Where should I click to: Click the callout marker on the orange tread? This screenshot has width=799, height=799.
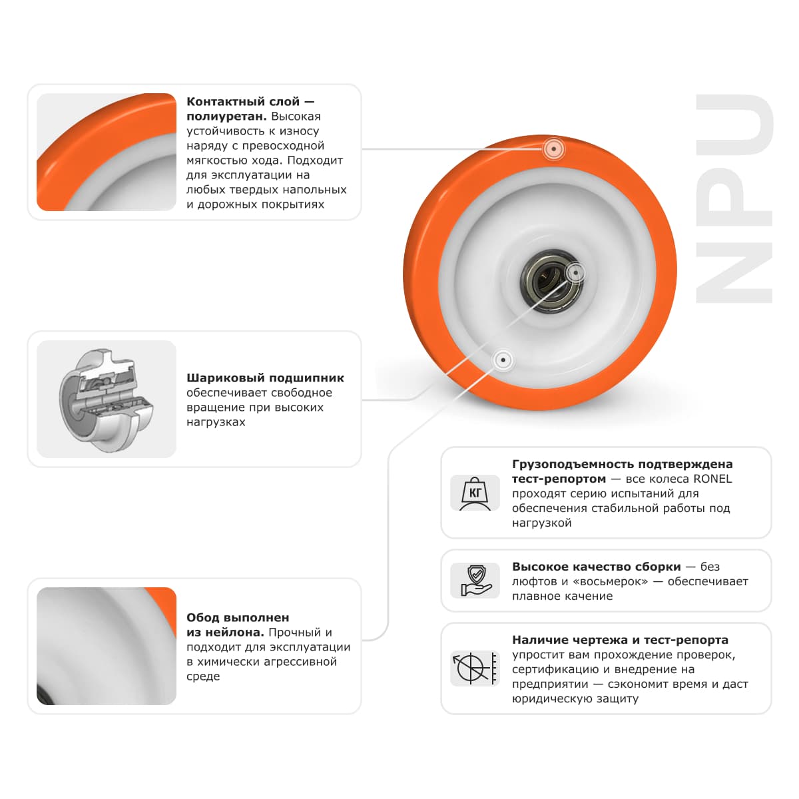(553, 149)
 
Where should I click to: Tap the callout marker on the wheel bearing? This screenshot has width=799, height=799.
(575, 272)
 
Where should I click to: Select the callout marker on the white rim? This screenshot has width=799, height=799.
(503, 360)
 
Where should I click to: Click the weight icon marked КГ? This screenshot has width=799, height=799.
(475, 493)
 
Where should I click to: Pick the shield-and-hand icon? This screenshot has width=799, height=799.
(475, 581)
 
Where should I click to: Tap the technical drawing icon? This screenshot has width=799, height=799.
(475, 668)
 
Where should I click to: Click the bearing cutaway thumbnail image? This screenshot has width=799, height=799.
(107, 400)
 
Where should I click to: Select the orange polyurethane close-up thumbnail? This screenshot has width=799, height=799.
(107, 152)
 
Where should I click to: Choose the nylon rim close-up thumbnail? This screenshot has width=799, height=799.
(107, 646)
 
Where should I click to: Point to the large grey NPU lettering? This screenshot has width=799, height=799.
(734, 199)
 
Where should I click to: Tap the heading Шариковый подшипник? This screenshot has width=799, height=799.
(265, 378)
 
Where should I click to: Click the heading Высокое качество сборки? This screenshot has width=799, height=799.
(596, 567)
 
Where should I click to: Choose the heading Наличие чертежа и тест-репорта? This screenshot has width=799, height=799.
(620, 640)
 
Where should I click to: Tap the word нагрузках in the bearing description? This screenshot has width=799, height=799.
(216, 422)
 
